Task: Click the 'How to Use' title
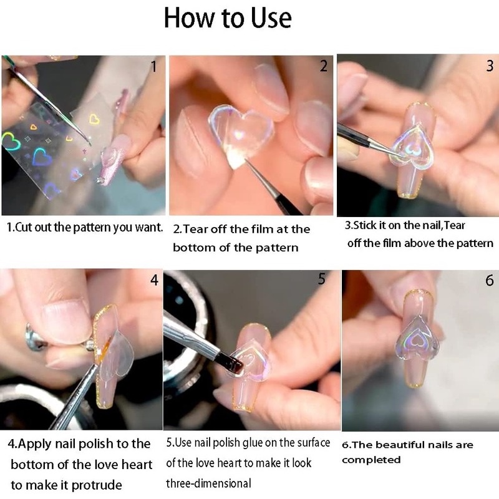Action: [x=228, y=18]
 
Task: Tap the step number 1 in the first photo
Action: [x=154, y=67]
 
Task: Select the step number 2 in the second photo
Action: [x=323, y=66]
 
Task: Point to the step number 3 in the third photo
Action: [x=490, y=65]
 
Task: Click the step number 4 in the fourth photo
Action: [x=154, y=280]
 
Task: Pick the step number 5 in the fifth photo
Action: [x=322, y=278]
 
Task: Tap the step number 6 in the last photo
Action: [x=490, y=280]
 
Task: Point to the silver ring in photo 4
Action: [x=35, y=338]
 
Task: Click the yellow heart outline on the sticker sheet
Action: [x=94, y=119]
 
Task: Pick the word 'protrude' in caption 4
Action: [x=97, y=486]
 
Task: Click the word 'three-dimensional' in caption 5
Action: [x=208, y=483]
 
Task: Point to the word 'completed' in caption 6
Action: [x=371, y=460]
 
